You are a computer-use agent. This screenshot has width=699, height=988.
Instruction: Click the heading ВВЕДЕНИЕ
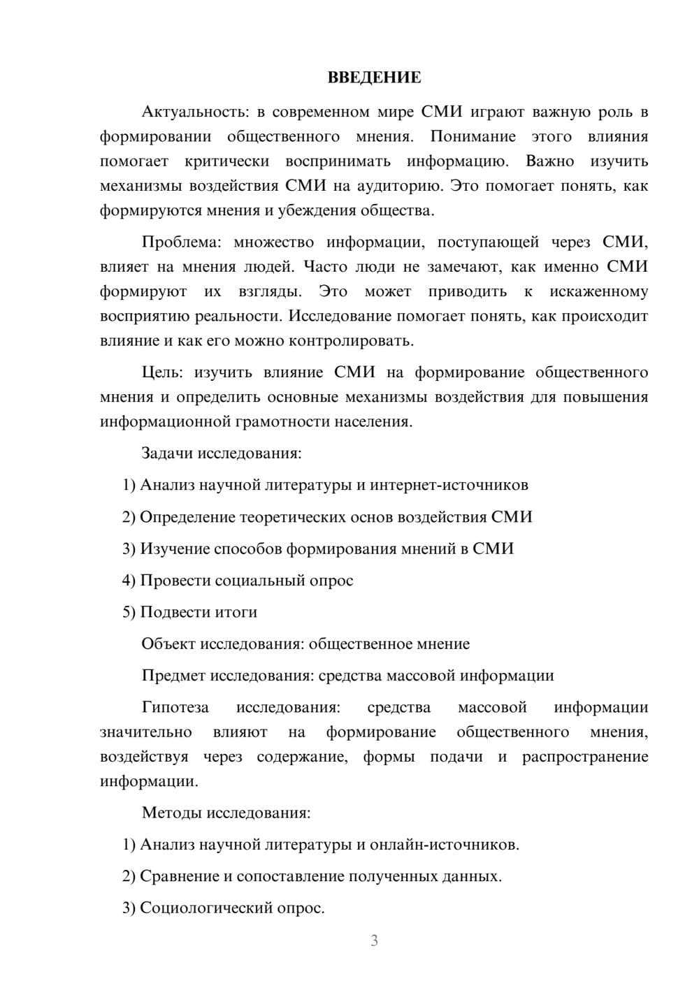pyautogui.click(x=374, y=78)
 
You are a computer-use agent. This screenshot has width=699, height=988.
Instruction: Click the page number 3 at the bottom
pyautogui.click(x=374, y=940)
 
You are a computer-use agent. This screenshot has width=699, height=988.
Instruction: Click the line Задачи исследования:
pyautogui.click(x=221, y=453)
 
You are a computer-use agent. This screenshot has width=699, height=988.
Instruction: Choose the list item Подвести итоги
pyautogui.click(x=199, y=612)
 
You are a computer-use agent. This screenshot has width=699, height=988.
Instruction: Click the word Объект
pyautogui.click(x=168, y=644)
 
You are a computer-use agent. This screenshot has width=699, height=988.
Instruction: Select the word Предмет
pyautogui.click(x=173, y=676)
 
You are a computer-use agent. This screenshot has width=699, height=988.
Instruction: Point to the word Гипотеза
pyautogui.click(x=175, y=707)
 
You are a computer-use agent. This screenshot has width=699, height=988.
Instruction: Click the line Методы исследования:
pyautogui.click(x=226, y=813)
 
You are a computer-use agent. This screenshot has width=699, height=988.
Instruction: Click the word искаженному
pyautogui.click(x=598, y=291)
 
